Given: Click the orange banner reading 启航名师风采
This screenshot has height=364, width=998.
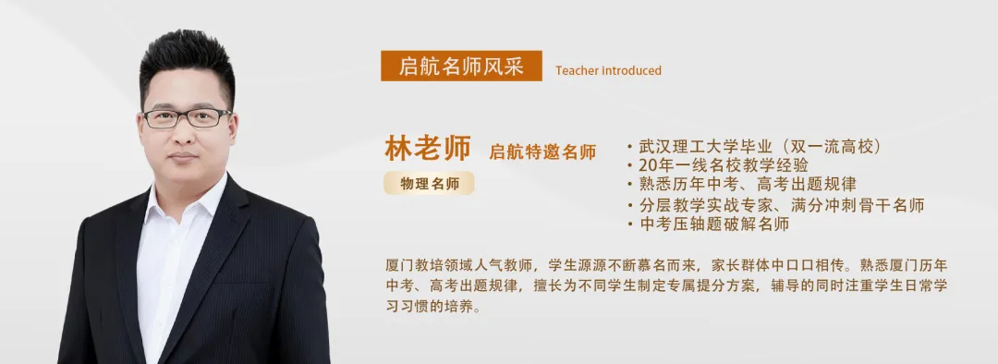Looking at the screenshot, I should [x=461, y=66].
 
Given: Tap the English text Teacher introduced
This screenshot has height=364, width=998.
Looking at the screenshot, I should [x=608, y=70].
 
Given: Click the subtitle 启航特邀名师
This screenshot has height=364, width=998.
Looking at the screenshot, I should [x=542, y=152].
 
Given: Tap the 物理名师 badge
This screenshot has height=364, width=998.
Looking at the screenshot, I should [x=430, y=183].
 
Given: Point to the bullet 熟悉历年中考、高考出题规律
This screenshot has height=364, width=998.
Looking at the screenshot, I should [x=748, y=185].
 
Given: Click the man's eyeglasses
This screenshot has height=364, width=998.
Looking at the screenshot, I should [x=187, y=117].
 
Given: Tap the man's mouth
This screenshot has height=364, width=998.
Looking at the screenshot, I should [x=185, y=156].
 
